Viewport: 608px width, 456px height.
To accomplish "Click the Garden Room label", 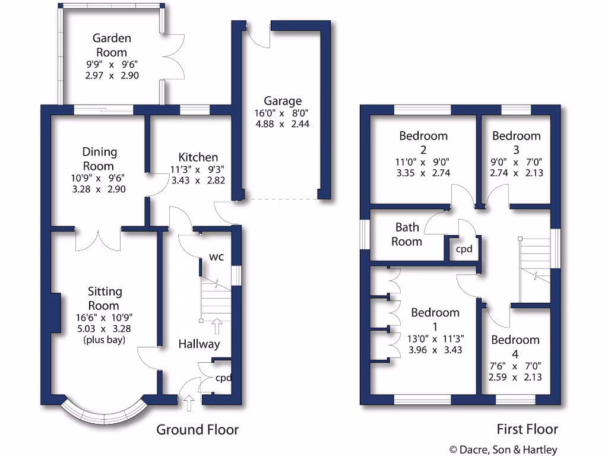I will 112,45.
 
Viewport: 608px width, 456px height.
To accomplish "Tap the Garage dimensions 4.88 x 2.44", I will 282,124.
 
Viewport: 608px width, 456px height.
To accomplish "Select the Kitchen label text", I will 198,157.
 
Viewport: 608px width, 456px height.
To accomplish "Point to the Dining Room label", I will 100,159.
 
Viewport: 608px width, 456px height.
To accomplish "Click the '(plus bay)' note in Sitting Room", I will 104,340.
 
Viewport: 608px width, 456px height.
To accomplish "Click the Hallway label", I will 199,344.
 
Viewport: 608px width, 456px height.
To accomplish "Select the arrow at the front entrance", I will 189,404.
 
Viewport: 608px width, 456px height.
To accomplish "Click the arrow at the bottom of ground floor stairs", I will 217,325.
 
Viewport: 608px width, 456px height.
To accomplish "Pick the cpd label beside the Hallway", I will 223,378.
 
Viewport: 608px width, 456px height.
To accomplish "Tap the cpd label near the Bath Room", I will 464,249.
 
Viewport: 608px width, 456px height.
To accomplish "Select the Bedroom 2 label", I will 423,136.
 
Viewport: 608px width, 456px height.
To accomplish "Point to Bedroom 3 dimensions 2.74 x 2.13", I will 516,173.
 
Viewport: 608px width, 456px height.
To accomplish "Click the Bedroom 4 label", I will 515,340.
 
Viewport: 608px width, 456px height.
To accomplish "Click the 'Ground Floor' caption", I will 197,429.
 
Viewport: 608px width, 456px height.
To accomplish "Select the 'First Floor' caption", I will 527,429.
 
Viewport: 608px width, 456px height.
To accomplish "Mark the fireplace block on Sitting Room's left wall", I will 55,312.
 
